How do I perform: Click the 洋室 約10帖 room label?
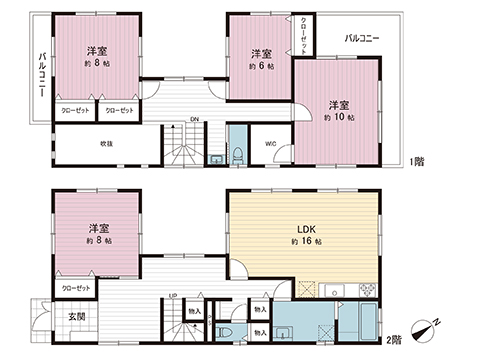(x=336, y=109)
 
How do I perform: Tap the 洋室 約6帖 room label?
(x=261, y=58)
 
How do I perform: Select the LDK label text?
(x=304, y=227)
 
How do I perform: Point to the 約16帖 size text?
(x=304, y=243)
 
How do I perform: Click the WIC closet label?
(x=271, y=142)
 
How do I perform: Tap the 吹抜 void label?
(x=105, y=144)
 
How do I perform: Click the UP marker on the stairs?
(x=173, y=295)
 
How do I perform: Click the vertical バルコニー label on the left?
(x=41, y=75)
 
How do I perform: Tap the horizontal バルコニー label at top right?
(x=361, y=38)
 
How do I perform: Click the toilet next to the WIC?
(x=239, y=153)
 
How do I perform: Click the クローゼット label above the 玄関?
(x=77, y=288)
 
